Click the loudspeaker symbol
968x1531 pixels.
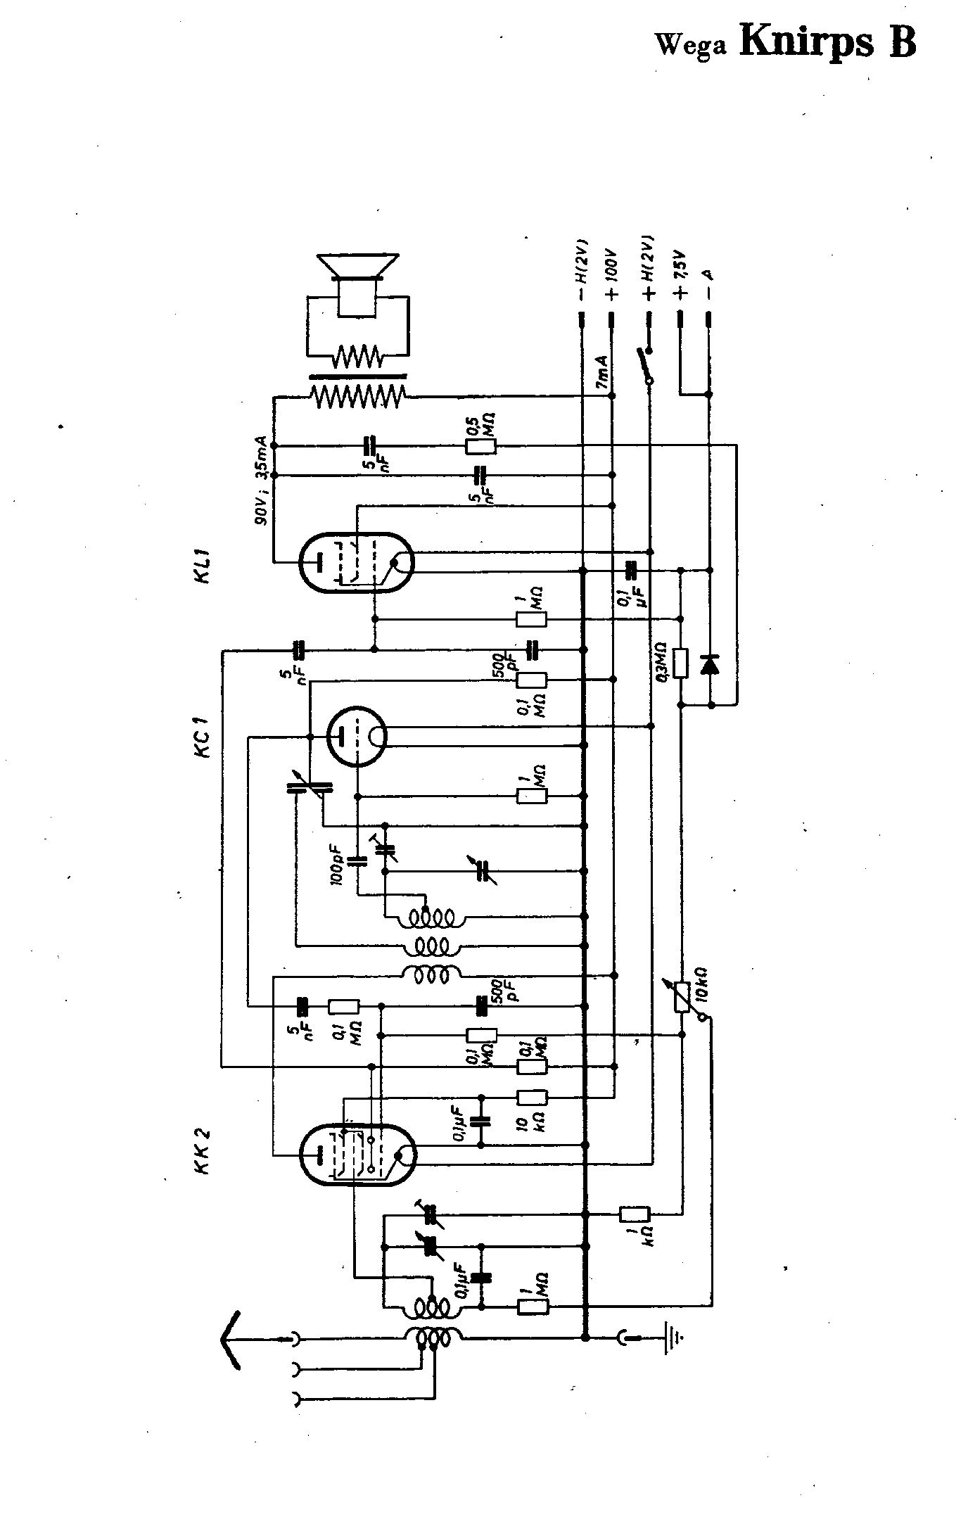point(357,286)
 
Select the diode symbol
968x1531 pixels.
point(710,663)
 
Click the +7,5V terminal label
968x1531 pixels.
point(680,274)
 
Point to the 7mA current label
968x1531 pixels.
point(602,373)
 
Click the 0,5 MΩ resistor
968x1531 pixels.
point(481,445)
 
